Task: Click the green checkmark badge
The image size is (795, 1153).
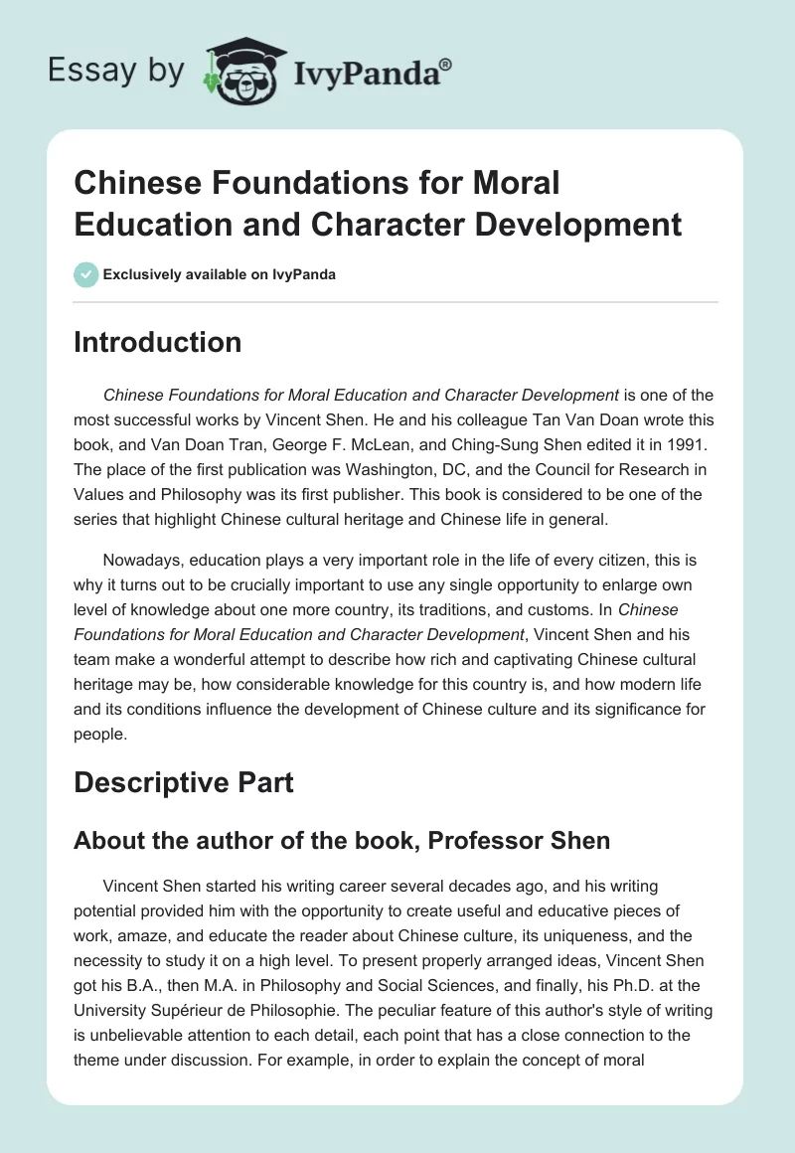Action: pyautogui.click(x=86, y=274)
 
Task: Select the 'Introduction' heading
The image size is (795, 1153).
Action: pyautogui.click(x=158, y=342)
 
